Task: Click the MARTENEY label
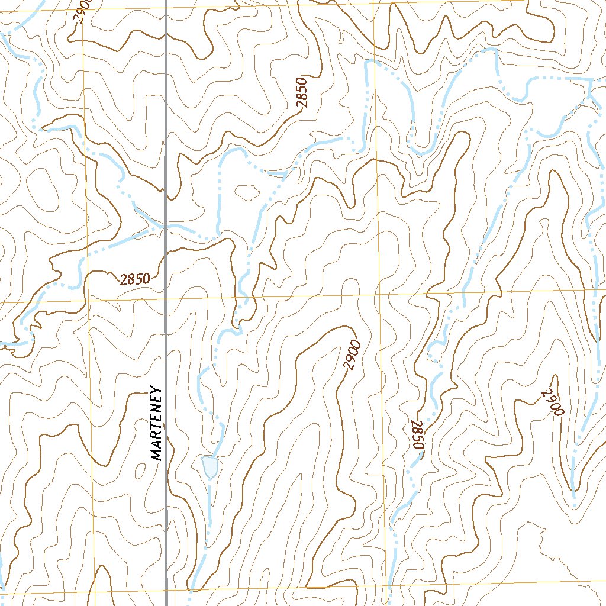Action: click(x=156, y=423)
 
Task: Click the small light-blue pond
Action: click(x=210, y=466)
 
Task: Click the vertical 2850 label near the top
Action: click(x=303, y=92)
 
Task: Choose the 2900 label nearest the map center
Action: click(x=353, y=354)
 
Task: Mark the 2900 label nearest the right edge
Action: click(x=552, y=403)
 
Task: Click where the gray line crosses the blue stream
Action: click(x=166, y=225)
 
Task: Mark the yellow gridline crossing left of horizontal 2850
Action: click(x=88, y=299)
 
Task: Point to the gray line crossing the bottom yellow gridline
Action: click(x=166, y=591)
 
